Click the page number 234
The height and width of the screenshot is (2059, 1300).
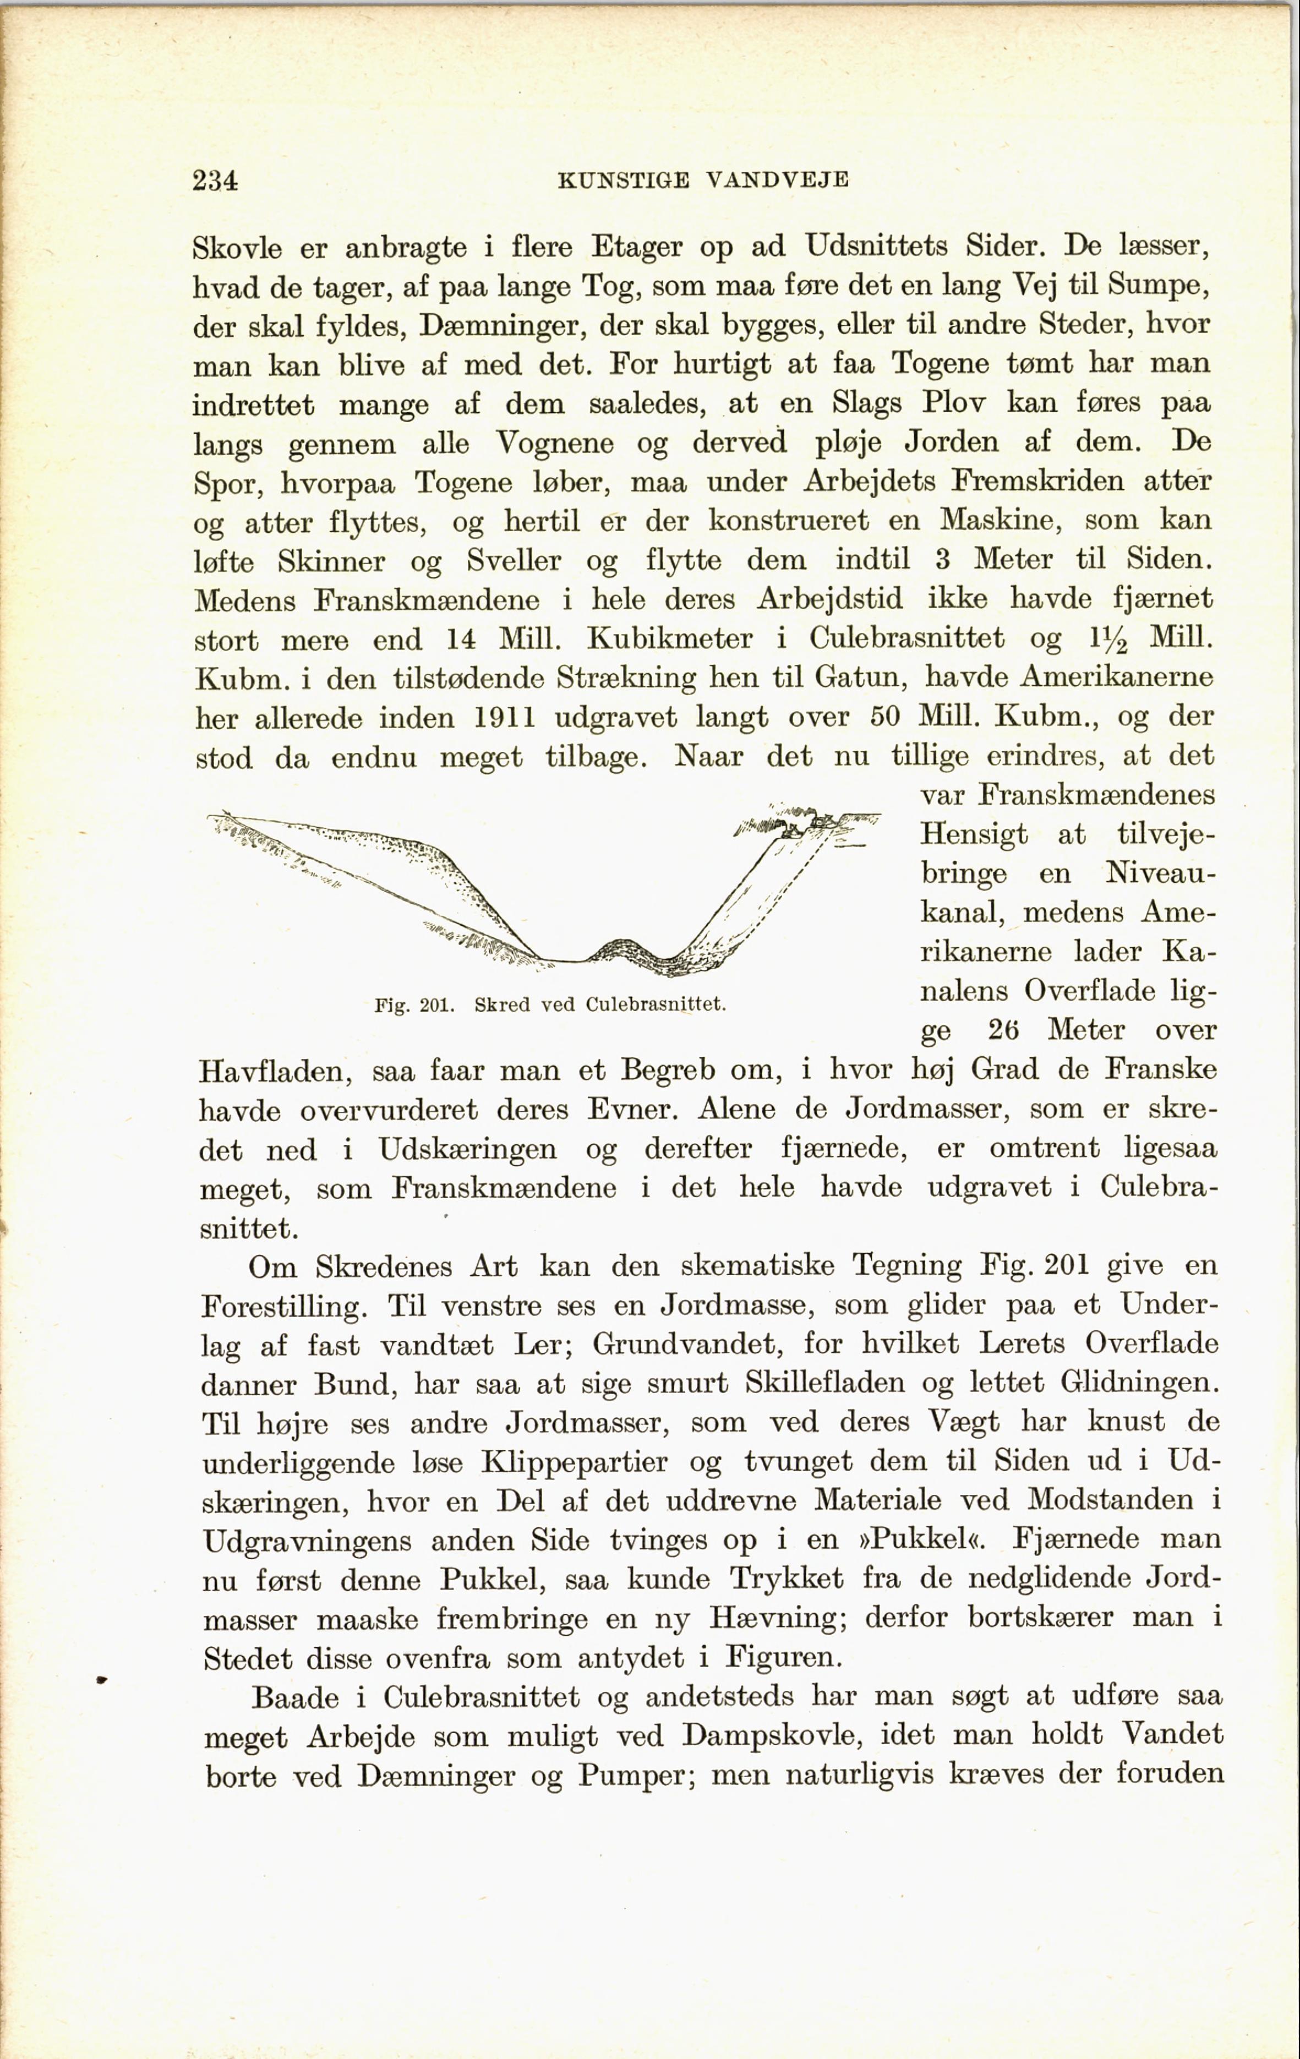point(216,181)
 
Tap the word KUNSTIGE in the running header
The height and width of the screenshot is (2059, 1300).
point(622,181)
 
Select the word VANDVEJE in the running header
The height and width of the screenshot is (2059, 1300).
point(778,181)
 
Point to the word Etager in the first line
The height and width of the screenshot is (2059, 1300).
point(637,248)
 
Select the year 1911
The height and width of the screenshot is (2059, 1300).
point(505,717)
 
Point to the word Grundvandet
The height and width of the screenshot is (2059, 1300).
point(687,1344)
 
